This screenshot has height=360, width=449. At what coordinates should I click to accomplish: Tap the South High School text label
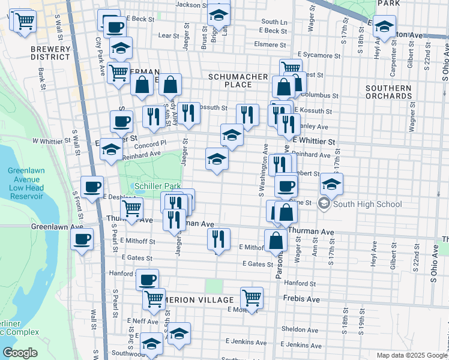pyautogui.click(x=368, y=204)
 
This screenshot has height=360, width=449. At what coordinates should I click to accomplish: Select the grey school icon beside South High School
pyautogui.click(x=324, y=204)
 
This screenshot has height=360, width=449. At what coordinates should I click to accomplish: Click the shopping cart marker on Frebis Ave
pyautogui.click(x=252, y=298)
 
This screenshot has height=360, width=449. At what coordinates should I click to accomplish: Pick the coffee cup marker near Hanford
pyautogui.click(x=148, y=280)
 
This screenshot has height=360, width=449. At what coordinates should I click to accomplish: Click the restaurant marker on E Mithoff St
pyautogui.click(x=218, y=239)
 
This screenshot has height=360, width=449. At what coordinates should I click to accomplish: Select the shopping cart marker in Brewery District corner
pyautogui.click(x=25, y=22)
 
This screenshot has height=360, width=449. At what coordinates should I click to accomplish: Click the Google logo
pyautogui.click(x=20, y=353)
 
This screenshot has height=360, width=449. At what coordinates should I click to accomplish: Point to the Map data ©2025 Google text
pyautogui.click(x=411, y=355)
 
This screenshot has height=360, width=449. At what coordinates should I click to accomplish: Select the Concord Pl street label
pyautogui.click(x=151, y=144)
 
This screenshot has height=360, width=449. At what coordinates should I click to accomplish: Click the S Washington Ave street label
pyautogui.click(x=262, y=171)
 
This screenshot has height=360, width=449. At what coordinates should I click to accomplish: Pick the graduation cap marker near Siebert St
pyautogui.click(x=331, y=184)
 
